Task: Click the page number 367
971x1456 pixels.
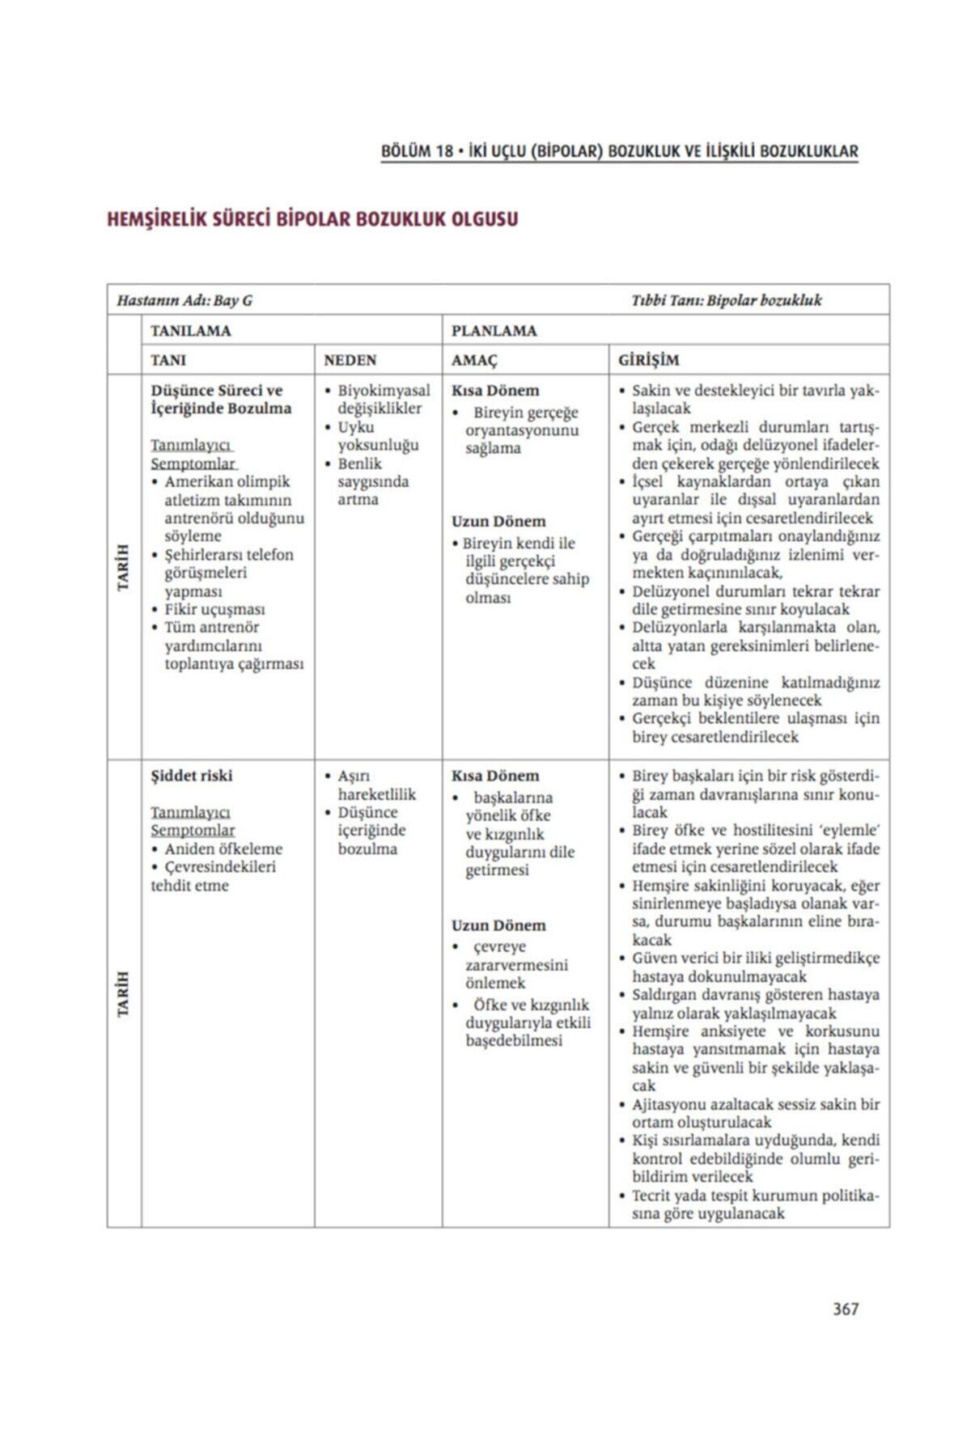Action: click(845, 1308)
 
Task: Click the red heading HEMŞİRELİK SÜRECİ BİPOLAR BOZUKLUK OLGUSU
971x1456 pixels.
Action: click(312, 219)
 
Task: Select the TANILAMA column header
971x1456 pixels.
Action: click(190, 330)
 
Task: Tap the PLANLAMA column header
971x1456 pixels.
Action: click(494, 330)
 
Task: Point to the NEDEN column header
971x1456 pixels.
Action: click(350, 360)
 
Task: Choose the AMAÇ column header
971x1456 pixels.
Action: click(474, 360)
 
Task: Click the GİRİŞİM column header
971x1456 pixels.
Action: click(648, 360)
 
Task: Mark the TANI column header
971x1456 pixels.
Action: click(168, 360)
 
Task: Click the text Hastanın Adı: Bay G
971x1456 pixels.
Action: click(184, 300)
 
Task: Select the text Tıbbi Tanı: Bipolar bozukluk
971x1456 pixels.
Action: click(727, 300)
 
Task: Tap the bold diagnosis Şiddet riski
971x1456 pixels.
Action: click(191, 776)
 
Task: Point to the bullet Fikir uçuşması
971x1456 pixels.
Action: click(214, 609)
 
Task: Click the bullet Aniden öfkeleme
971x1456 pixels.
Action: click(223, 849)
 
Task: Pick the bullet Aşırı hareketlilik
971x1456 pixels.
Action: click(376, 785)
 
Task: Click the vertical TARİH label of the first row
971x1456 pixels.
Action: click(124, 566)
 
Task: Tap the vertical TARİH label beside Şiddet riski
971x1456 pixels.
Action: click(124, 993)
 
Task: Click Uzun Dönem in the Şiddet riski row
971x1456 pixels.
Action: click(498, 925)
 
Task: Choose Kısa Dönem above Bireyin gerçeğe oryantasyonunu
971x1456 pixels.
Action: click(495, 390)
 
